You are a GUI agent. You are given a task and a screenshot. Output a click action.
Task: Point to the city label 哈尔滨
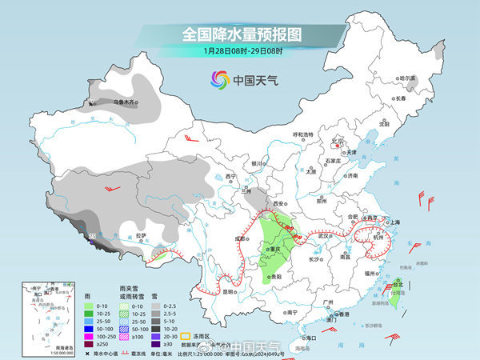pyautogui.click(x=408, y=78)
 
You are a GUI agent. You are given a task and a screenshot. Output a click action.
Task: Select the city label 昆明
pyautogui.click(x=229, y=292)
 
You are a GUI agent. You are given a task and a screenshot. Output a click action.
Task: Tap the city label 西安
pyautogui.click(x=280, y=204)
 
